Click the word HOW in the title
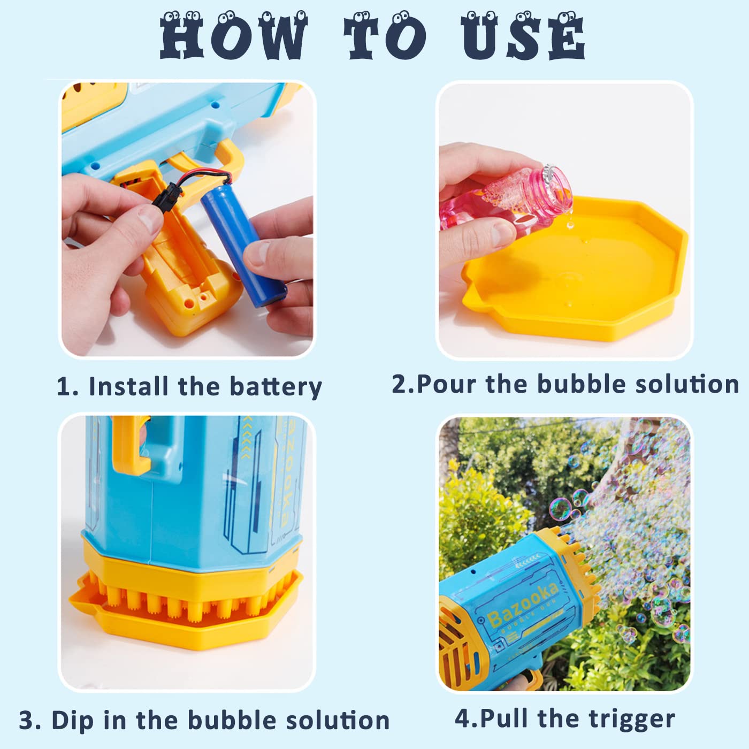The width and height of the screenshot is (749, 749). click(x=234, y=36)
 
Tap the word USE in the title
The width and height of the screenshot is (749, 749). click(x=523, y=36)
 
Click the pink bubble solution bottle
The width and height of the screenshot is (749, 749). click(x=503, y=198)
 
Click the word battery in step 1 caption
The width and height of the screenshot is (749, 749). click(x=276, y=386)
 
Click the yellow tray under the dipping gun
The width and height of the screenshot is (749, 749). click(x=187, y=621)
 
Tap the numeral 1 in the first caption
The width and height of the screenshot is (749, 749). click(x=64, y=387)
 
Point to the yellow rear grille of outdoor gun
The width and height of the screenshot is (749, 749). click(x=455, y=647)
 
